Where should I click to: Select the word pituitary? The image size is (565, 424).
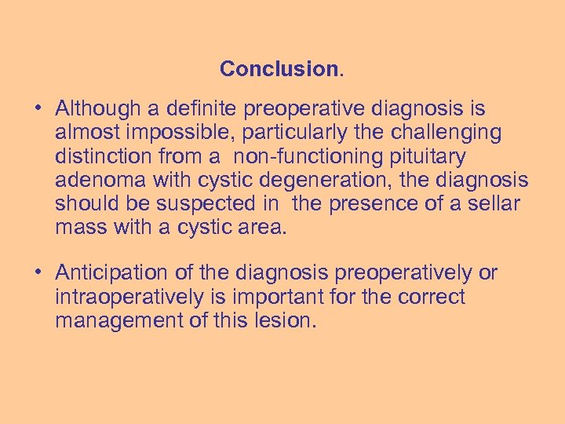pyautogui.click(x=432, y=156)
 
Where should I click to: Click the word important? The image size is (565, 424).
pyautogui.click(x=278, y=297)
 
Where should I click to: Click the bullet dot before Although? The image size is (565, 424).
pyautogui.click(x=38, y=108)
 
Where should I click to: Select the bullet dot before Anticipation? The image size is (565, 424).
pyautogui.click(x=38, y=273)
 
